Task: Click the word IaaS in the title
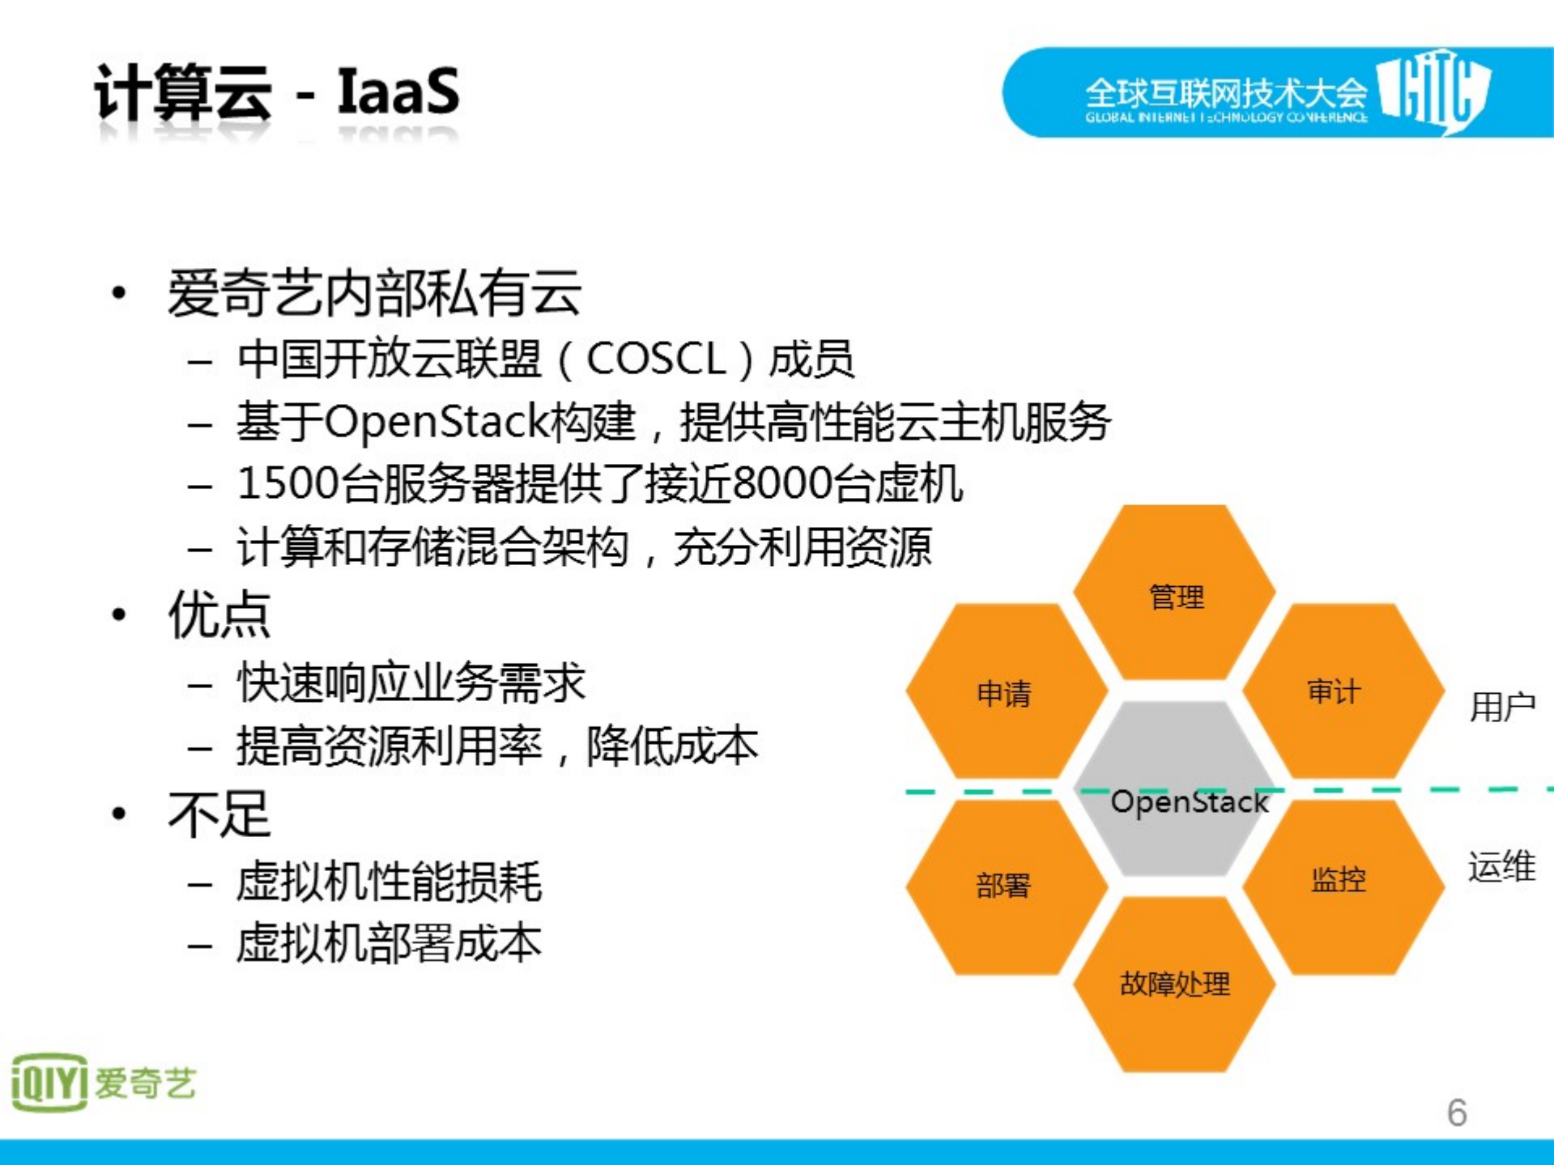[398, 91]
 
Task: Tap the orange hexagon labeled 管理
[1174, 595]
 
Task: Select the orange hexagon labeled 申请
[1004, 692]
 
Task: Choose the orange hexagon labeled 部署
[1004, 885]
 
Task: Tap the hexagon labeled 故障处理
[1174, 984]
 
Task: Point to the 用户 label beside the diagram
[1502, 707]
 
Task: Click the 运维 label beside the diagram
[1502, 865]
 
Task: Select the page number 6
[1457, 1112]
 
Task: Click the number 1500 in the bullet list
[288, 483]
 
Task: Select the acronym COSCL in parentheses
[655, 359]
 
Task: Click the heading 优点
[219, 614]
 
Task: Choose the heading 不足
[219, 814]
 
